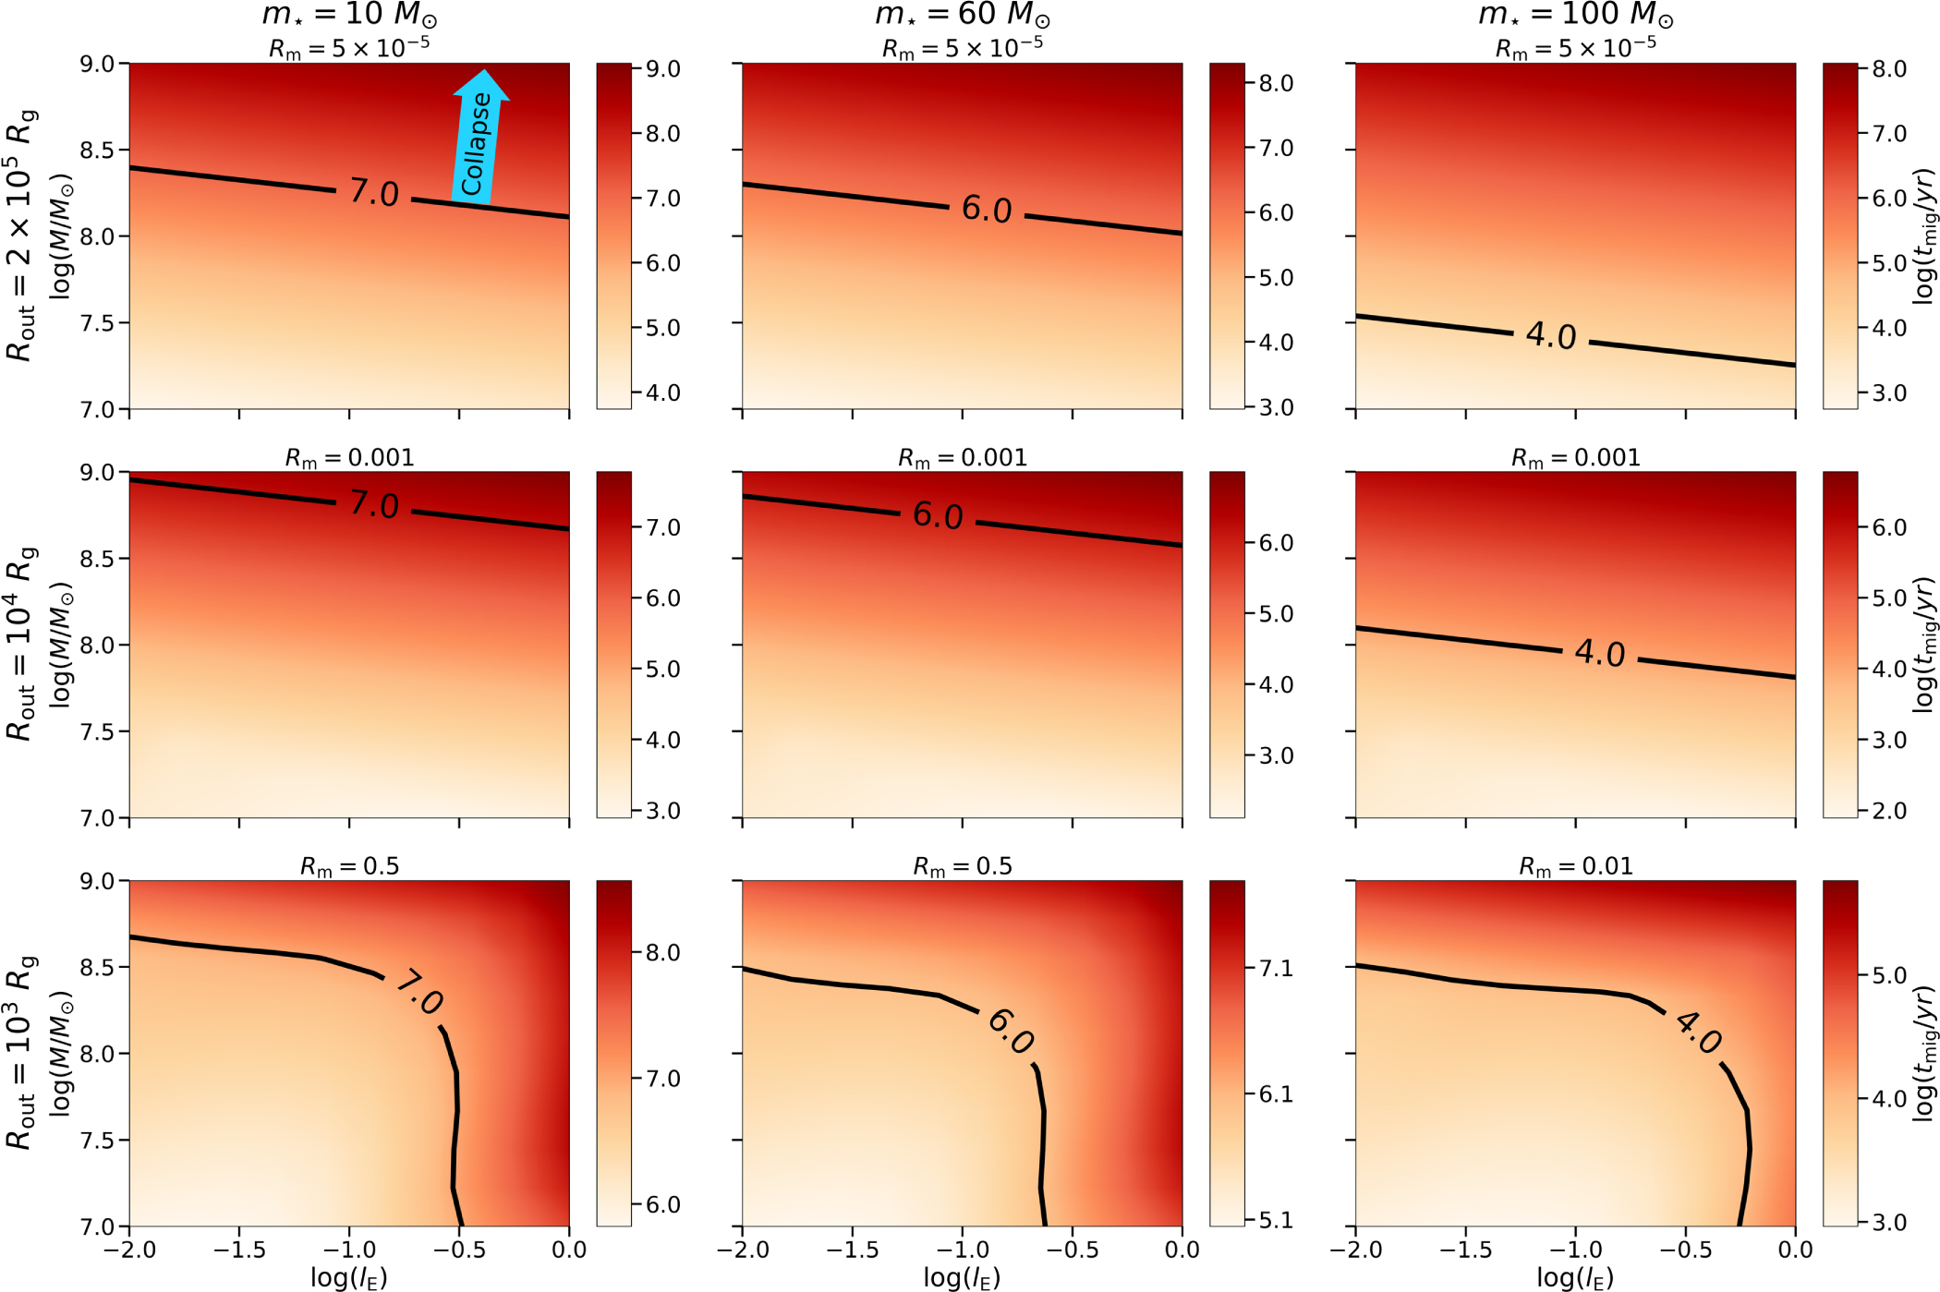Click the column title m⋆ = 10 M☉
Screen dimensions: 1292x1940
click(349, 15)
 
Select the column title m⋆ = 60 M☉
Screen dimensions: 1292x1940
click(963, 15)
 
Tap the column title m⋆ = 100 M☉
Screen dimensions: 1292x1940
click(1575, 15)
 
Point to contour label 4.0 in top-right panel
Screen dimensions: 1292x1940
click(1551, 336)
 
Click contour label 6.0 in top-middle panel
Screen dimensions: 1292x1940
click(987, 210)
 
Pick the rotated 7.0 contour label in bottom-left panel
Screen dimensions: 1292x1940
click(420, 993)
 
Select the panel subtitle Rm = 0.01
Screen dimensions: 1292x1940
click(1575, 866)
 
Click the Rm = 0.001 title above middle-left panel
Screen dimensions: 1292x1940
click(349, 458)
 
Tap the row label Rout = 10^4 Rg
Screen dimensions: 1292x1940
click(20, 644)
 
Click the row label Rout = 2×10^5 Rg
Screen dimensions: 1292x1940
click(20, 235)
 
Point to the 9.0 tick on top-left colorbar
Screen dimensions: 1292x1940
click(662, 69)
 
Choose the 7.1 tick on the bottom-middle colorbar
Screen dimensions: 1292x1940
click(1276, 968)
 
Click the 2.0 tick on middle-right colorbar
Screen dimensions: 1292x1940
click(1888, 811)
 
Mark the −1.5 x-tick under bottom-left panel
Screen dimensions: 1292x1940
click(239, 1250)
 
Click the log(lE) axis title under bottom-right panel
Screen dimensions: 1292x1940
click(1575, 1277)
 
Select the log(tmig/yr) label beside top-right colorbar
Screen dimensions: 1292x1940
click(1923, 235)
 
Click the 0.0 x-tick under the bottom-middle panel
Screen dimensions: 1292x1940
click(1182, 1250)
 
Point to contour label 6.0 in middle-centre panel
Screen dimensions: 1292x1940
click(938, 515)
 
